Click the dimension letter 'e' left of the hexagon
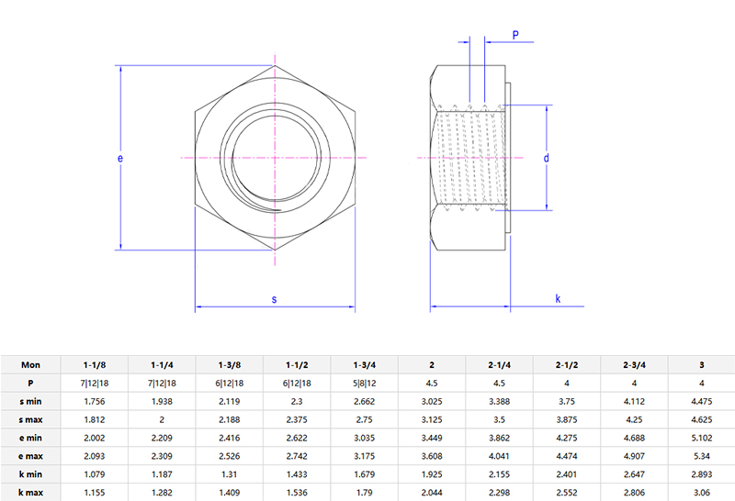[x=120, y=158]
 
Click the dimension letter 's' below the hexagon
[x=275, y=300]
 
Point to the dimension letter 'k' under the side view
[x=558, y=300]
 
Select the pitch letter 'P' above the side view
[x=515, y=35]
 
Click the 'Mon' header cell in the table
[x=30, y=364]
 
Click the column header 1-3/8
[x=230, y=364]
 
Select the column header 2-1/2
[x=567, y=364]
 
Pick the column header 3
[x=702, y=364]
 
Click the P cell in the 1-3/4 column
[x=365, y=383]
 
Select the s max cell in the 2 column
[x=432, y=419]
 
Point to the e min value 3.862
[x=500, y=438]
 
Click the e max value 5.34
[x=702, y=455]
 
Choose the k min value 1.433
[x=297, y=473]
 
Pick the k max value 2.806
[x=635, y=492]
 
